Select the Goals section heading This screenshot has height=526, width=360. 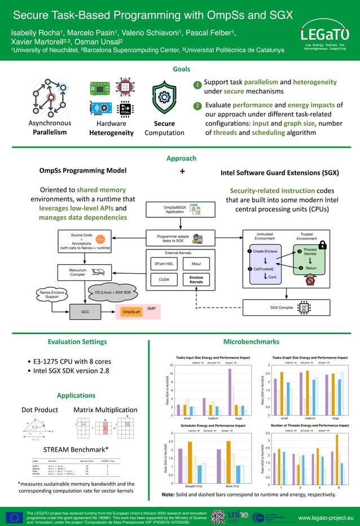pyautogui.click(x=181, y=69)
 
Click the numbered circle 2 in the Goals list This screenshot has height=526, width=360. pyautogui.click(x=197, y=106)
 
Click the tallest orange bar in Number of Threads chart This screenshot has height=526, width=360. pyautogui.click(x=337, y=458)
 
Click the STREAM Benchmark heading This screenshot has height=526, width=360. pyautogui.click(x=76, y=449)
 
